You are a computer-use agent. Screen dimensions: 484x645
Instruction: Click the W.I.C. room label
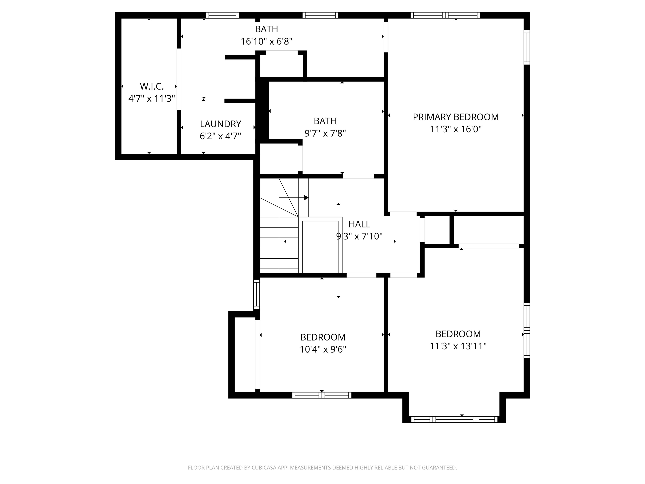tap(152, 86)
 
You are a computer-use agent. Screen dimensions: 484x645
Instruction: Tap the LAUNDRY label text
tap(220, 124)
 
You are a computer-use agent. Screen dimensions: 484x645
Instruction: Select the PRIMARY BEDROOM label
tap(455, 117)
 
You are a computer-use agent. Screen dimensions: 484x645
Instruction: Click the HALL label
tap(359, 224)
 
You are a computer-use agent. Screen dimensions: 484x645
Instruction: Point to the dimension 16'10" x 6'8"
tap(266, 41)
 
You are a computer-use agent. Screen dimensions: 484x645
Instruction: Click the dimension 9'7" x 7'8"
tap(325, 133)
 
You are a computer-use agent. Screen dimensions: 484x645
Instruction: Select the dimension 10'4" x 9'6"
tap(323, 349)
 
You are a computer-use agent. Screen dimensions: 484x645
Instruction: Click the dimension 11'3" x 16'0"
tap(455, 129)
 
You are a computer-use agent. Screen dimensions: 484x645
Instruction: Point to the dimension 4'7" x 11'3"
tap(152, 99)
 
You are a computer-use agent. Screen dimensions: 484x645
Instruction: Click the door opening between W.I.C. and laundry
tap(179, 79)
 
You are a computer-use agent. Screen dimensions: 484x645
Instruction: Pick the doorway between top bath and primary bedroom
tap(386, 37)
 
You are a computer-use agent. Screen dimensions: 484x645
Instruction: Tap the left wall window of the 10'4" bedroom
tap(256, 294)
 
